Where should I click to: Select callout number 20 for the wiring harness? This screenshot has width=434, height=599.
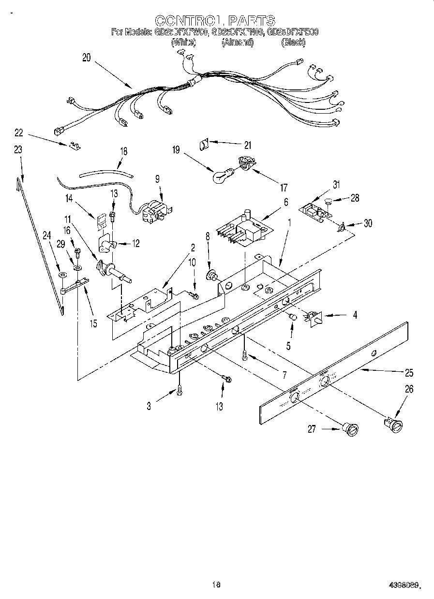click(87, 58)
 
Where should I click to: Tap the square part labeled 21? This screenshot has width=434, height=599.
click(204, 143)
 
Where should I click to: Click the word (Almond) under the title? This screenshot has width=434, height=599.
click(237, 43)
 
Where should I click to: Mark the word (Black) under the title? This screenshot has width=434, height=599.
click(293, 43)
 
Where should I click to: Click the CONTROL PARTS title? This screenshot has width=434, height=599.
click(215, 20)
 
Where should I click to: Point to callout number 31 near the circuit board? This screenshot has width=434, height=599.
click(336, 184)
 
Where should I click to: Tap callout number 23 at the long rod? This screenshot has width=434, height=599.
click(18, 150)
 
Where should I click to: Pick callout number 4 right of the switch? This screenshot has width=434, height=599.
click(355, 315)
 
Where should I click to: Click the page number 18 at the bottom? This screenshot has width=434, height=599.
click(216, 584)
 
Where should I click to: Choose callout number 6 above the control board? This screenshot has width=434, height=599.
click(286, 203)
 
